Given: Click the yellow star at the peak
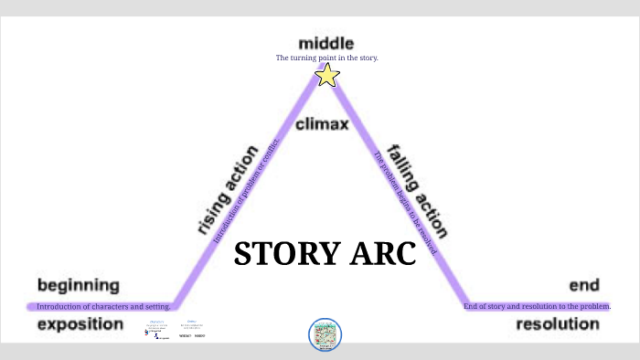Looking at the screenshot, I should [x=327, y=75].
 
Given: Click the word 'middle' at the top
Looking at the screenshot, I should [x=325, y=43].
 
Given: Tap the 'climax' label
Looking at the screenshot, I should [x=322, y=123].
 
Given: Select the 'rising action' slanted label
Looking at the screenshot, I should [x=228, y=190].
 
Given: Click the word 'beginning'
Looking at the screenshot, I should [x=79, y=285].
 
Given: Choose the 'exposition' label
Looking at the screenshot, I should [x=80, y=323].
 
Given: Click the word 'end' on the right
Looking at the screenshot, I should [x=584, y=285].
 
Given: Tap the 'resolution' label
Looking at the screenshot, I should [x=558, y=323].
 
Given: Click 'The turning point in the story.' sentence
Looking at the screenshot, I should [x=326, y=58].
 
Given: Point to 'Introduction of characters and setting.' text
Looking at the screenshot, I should [x=103, y=306].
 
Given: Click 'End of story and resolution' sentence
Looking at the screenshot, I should [x=538, y=306].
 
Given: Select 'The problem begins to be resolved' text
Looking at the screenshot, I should [x=404, y=203].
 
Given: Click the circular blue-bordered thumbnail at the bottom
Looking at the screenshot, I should [x=325, y=334].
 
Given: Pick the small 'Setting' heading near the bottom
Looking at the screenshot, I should [x=191, y=321].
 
